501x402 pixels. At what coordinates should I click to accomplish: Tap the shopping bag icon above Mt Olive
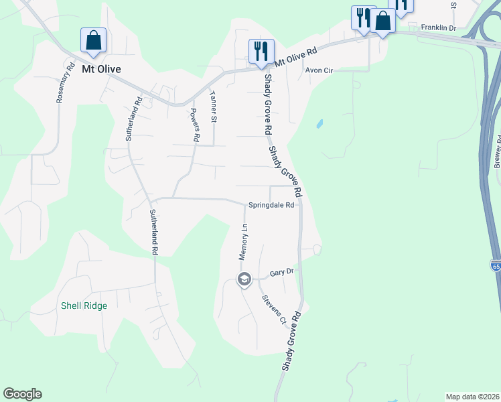pyautogui.click(x=93, y=41)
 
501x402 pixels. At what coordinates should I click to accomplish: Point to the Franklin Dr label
pyautogui.click(x=438, y=27)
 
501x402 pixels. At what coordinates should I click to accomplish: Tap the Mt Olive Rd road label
pyautogui.click(x=295, y=55)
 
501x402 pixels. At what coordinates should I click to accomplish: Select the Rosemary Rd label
pyautogui.click(x=64, y=82)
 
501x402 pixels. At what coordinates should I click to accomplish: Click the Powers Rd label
pyautogui.click(x=195, y=125)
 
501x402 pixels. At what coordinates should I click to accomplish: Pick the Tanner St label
pyautogui.click(x=214, y=107)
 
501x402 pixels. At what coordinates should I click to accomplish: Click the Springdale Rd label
pyautogui.click(x=271, y=205)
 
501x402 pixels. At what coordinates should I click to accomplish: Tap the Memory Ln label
pyautogui.click(x=244, y=241)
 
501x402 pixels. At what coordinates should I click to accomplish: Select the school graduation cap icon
pyautogui.click(x=244, y=279)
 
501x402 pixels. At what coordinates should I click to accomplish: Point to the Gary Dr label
pyautogui.click(x=282, y=273)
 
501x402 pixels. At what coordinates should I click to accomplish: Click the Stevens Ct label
pyautogui.click(x=274, y=310)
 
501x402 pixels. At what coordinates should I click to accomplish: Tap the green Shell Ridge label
pyautogui.click(x=84, y=306)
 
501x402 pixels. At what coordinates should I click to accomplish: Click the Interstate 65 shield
pyautogui.click(x=496, y=266)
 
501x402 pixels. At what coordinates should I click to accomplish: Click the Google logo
pyautogui.click(x=22, y=394)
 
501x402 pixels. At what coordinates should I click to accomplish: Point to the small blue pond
pyautogui.click(x=319, y=124)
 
